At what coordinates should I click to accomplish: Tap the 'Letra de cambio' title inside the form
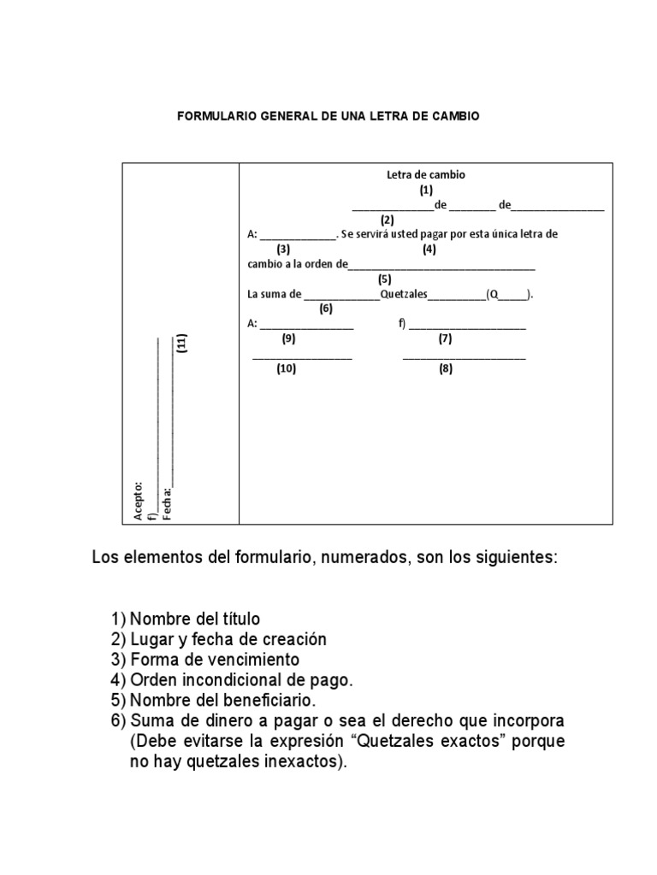tap(426, 174)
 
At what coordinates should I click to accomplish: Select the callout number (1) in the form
tap(426, 190)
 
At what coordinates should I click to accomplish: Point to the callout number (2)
tap(387, 220)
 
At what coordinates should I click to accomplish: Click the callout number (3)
tap(283, 250)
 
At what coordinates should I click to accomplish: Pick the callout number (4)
tap(429, 250)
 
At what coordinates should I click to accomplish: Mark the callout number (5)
tap(384, 279)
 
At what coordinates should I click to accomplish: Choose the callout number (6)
tap(325, 308)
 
